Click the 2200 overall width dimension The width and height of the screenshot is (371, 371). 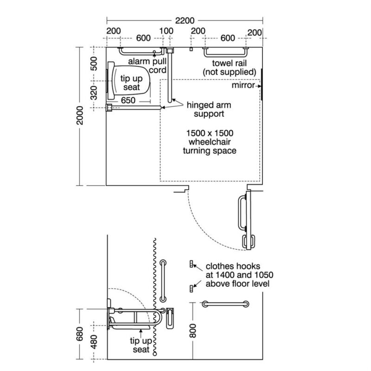tap(185, 20)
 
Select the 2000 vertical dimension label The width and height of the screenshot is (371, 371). tap(80, 115)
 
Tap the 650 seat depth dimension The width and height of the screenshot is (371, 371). tap(128, 100)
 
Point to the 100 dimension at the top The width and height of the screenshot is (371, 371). tap(166, 31)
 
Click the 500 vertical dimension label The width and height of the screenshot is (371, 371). tap(94, 64)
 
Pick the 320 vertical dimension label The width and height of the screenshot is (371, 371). tap(94, 93)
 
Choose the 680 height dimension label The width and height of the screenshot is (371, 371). tap(80, 334)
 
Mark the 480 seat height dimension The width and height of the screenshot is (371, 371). tap(94, 342)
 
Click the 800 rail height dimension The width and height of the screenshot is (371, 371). tap(193, 331)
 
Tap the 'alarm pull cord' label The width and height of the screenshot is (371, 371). tap(147, 65)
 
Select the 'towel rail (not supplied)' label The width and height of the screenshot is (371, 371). tap(229, 67)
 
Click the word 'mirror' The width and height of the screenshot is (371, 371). tap(243, 85)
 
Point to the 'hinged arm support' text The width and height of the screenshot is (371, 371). tap(209, 109)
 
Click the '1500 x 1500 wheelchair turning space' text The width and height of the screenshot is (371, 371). tap(210, 142)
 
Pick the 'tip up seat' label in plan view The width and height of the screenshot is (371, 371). tap(132, 83)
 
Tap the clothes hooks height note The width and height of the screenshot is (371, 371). tap(239, 275)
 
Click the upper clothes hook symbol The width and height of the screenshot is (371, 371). tap(192, 264)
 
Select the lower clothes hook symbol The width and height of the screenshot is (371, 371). tap(192, 288)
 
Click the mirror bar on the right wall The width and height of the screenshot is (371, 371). tap(262, 84)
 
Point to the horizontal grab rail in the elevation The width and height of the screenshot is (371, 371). tap(225, 304)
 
